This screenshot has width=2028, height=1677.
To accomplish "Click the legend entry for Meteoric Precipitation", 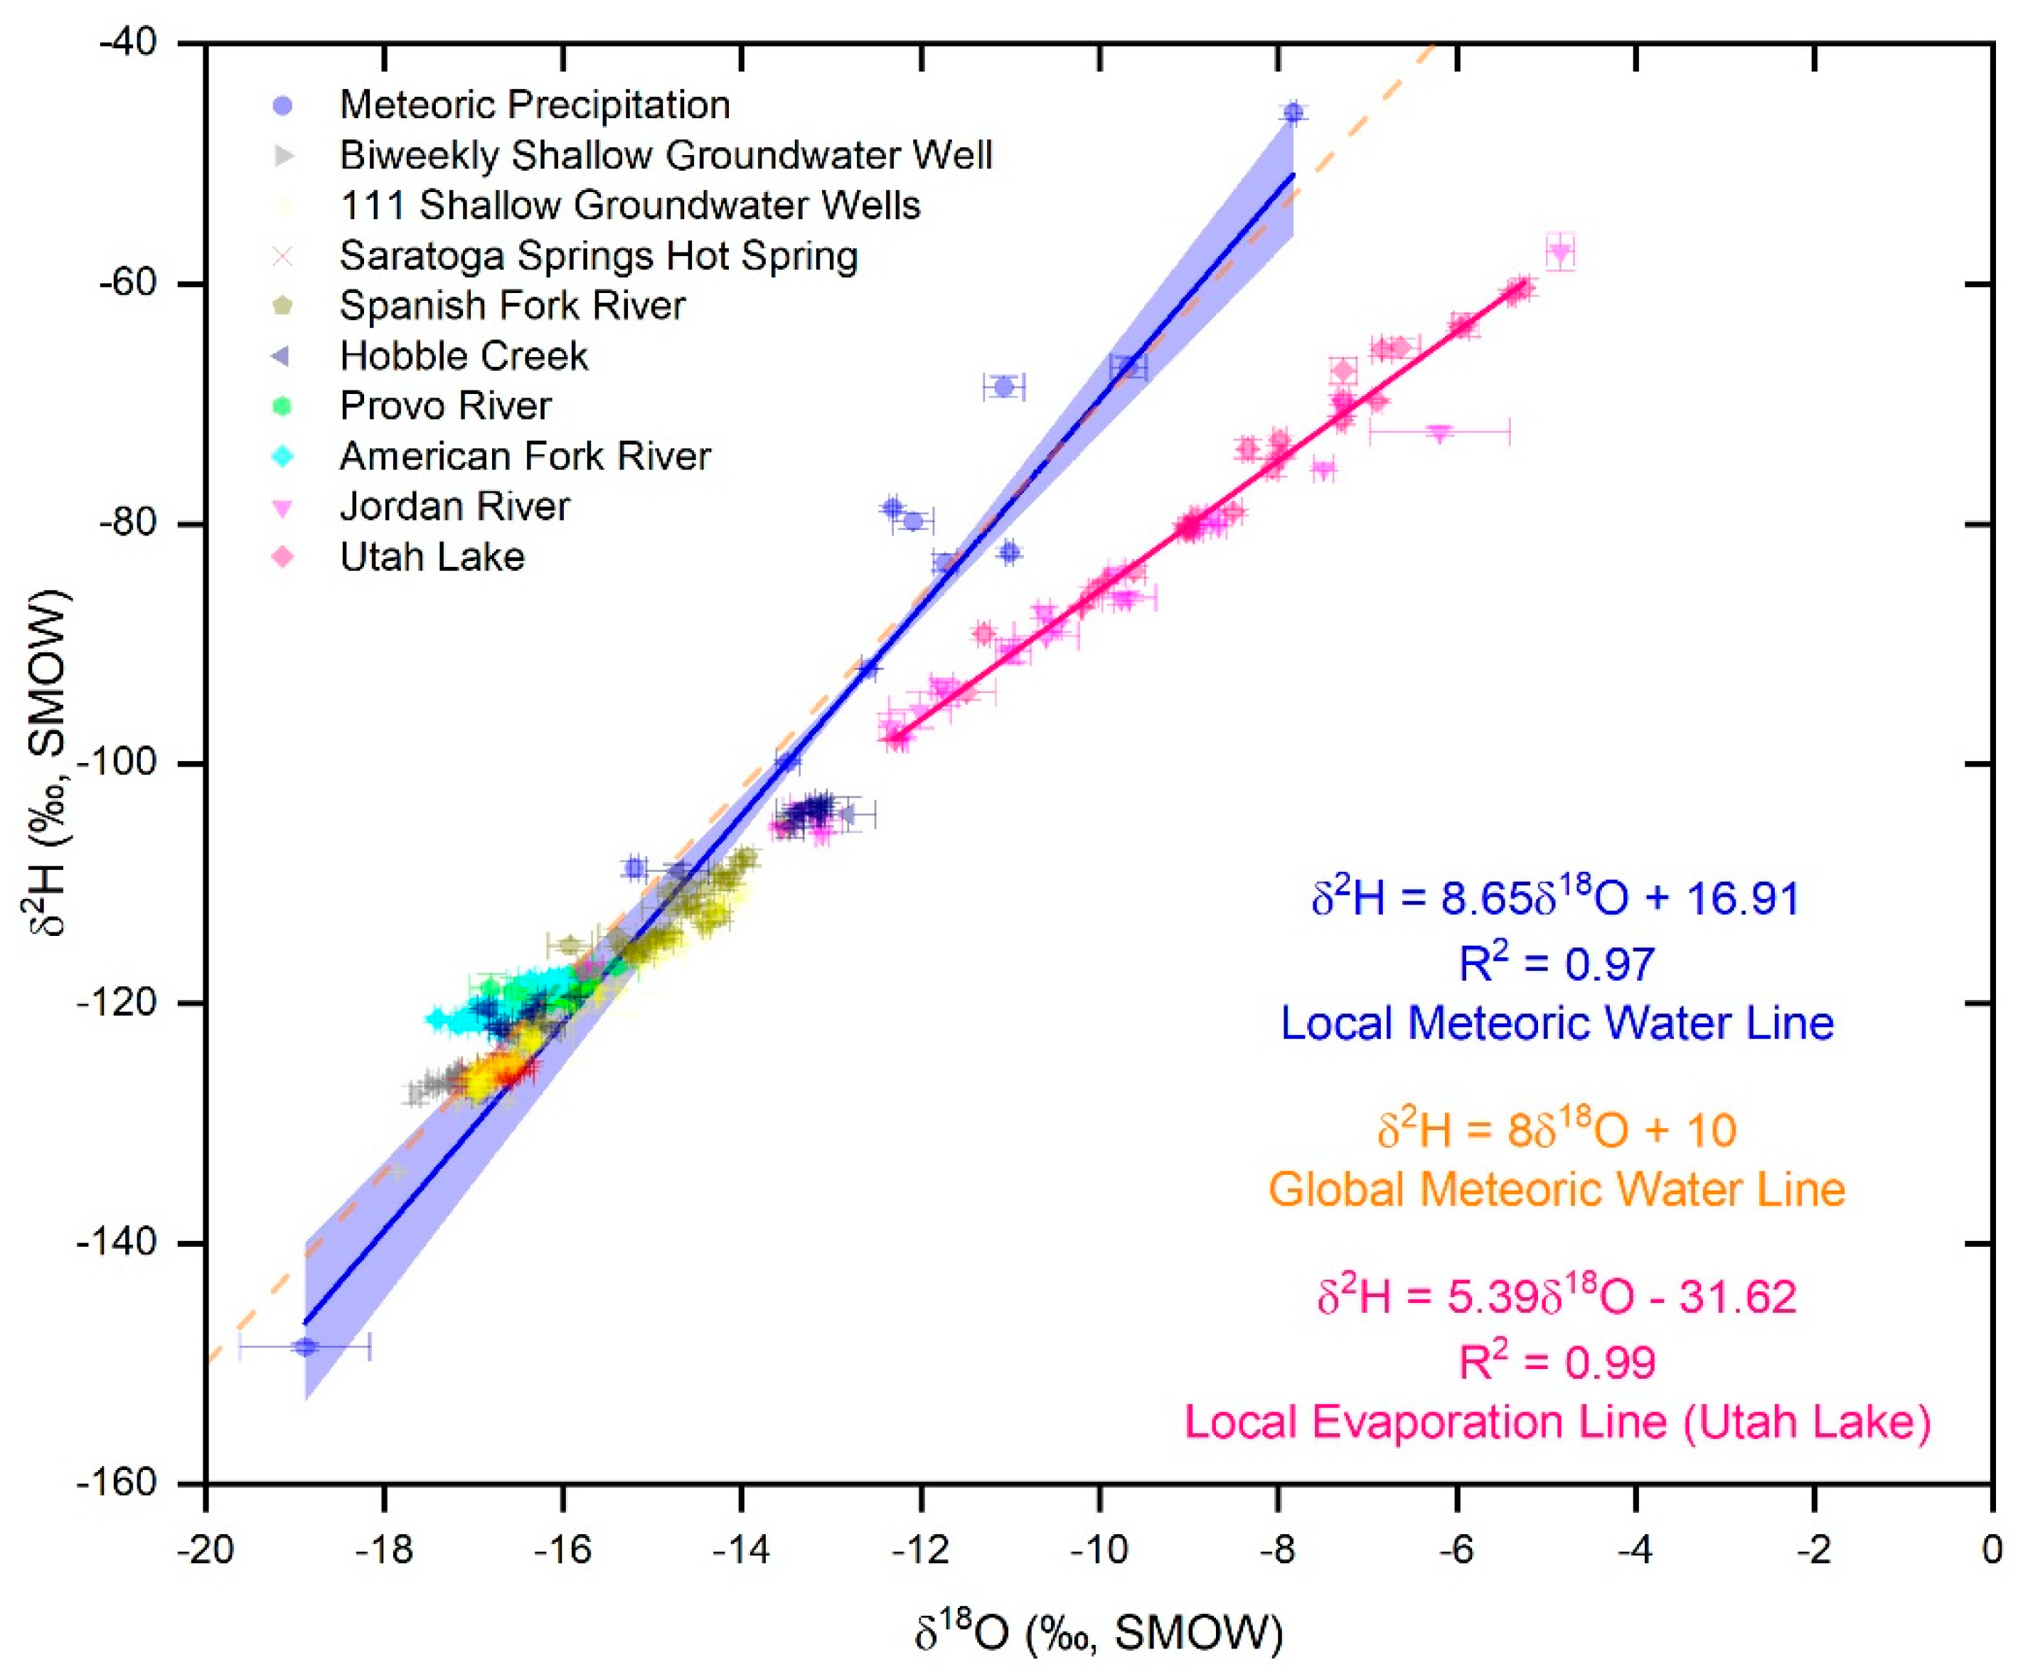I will [534, 105].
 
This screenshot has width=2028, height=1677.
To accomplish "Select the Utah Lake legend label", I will [432, 556].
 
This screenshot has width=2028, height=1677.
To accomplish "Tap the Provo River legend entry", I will [445, 405].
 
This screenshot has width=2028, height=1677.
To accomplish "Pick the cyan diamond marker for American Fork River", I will [282, 456].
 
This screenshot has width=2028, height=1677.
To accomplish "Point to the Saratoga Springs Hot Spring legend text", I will [599, 255].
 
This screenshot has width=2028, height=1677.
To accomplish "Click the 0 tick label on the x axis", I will [1991, 1550].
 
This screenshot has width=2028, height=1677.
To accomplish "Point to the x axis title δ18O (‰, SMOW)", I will [1098, 1633].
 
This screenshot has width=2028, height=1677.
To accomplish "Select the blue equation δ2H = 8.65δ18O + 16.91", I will [1555, 898].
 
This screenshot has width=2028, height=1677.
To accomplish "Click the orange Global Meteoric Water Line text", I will [1556, 1189].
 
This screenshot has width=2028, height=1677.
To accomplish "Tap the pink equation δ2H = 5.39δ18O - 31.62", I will [1557, 1297].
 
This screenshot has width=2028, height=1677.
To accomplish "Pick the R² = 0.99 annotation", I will [1556, 1362].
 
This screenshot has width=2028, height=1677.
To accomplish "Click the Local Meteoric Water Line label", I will [1556, 1023].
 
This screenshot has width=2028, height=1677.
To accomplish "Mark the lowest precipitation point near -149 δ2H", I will [305, 1346].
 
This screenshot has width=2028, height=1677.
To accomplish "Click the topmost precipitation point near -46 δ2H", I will [1293, 113].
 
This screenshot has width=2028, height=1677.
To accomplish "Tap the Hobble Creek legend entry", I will [464, 356].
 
